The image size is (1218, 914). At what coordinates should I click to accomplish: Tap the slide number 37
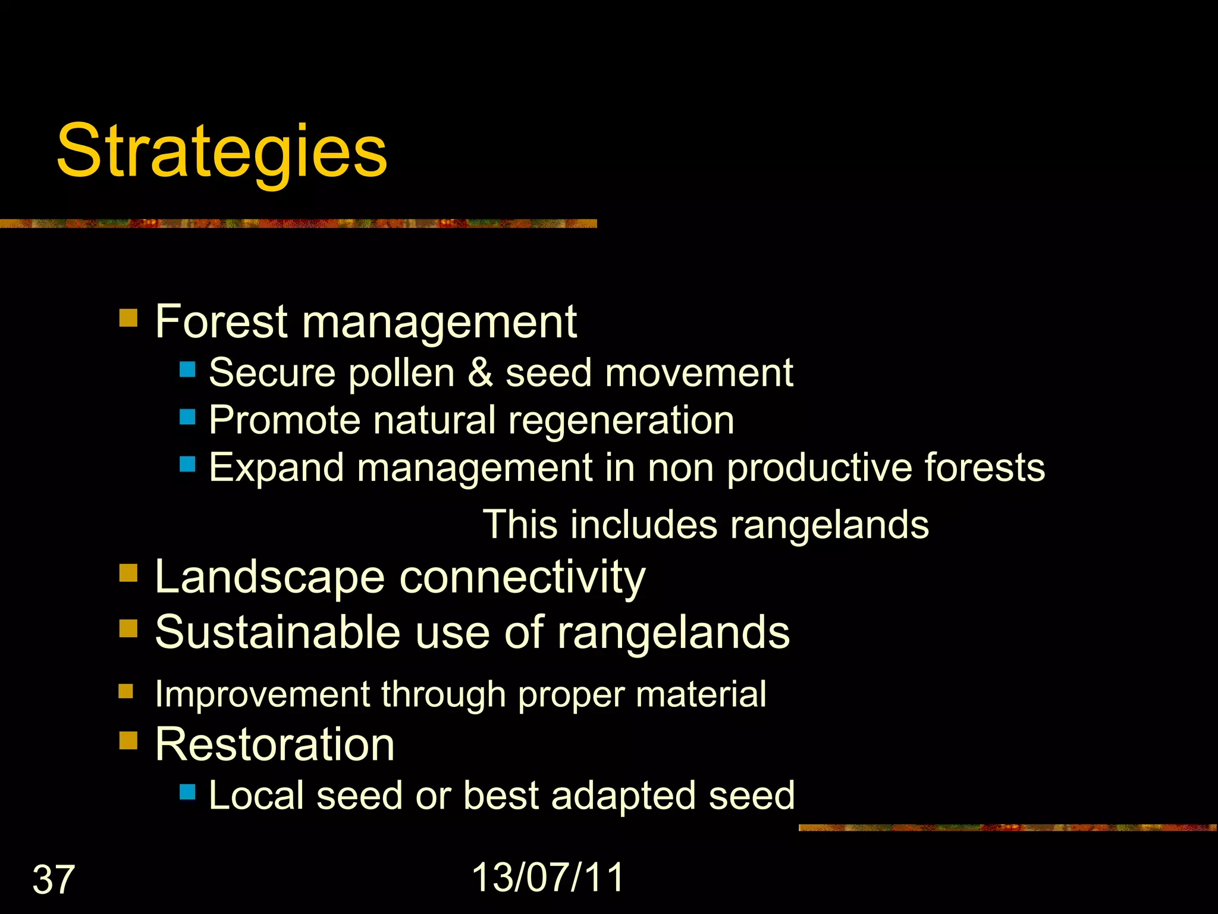click(x=54, y=879)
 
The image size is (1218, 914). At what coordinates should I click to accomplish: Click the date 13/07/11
click(x=548, y=877)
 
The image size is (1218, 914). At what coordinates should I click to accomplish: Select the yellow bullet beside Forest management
click(x=128, y=318)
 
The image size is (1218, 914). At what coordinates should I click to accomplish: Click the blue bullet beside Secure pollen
click(x=187, y=370)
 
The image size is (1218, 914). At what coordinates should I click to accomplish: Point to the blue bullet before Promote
click(x=187, y=417)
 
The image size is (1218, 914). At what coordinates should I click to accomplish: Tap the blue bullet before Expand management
click(x=187, y=464)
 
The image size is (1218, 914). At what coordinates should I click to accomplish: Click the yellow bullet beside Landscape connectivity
click(x=128, y=574)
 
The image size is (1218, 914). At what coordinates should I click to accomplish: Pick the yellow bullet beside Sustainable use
click(x=128, y=628)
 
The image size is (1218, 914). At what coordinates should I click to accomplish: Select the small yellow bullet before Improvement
click(x=125, y=691)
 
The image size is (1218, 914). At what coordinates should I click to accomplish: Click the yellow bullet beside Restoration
click(x=128, y=741)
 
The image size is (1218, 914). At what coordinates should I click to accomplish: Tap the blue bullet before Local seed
click(x=187, y=792)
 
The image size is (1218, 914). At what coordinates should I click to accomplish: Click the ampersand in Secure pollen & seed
click(x=480, y=373)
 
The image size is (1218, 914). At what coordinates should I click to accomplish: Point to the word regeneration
click(x=621, y=421)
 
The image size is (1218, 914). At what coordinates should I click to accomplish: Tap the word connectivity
click(x=522, y=577)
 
